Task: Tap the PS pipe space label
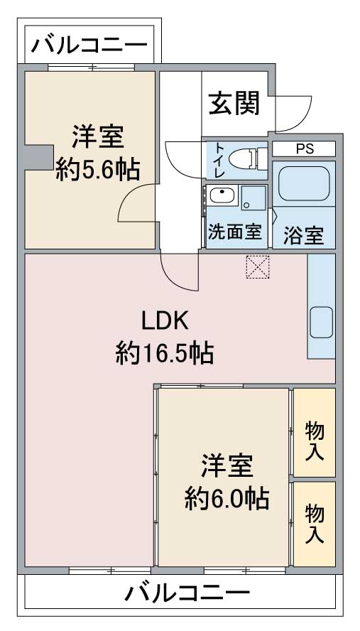305,149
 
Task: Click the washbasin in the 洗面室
222,196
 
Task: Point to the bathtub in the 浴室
304,183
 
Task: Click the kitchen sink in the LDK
322,322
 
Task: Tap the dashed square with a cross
258,266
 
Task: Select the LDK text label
165,321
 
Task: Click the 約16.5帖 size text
165,352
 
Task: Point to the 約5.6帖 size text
98,169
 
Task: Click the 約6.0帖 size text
227,499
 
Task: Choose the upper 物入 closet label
315,441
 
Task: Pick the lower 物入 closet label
315,524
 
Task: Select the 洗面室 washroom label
235,232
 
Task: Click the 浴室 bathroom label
304,236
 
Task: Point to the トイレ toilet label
219,160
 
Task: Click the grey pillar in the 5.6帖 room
39,157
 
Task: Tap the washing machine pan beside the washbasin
253,198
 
